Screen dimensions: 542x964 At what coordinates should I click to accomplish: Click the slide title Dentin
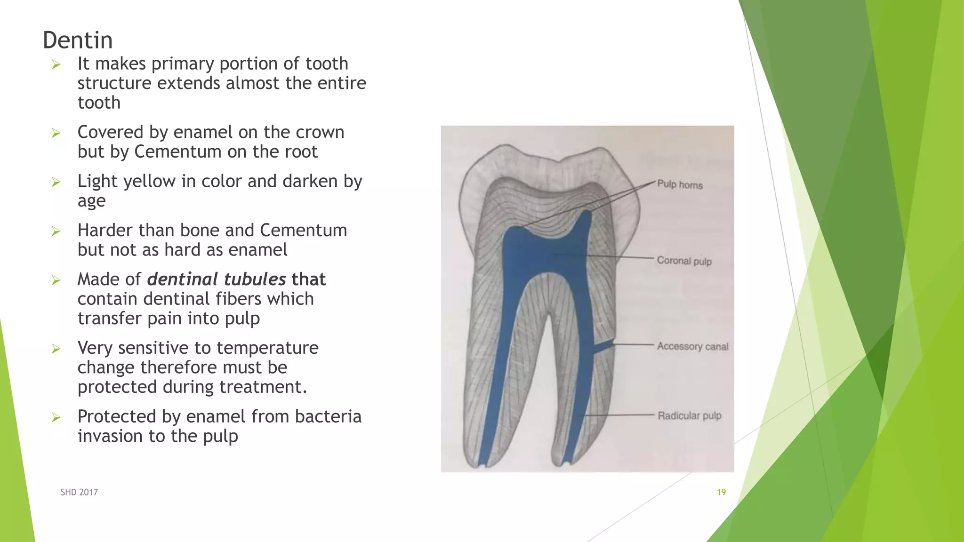pos(78,40)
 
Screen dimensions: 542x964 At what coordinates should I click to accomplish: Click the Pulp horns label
pos(680,184)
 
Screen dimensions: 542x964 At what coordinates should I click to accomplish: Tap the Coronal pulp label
pos(684,261)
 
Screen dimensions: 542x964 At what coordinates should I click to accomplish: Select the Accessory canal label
pos(692,346)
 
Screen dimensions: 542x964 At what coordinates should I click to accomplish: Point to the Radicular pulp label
pos(689,415)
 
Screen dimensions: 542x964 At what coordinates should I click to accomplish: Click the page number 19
pos(721,492)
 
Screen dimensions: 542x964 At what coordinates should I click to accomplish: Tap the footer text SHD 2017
pos(79,492)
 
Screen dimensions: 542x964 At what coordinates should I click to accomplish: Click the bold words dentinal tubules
pos(217,279)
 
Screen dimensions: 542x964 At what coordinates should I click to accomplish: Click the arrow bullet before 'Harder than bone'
pos(56,231)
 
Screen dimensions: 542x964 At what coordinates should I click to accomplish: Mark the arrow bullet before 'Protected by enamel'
pos(56,417)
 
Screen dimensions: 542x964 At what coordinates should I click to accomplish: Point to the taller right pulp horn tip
pos(586,214)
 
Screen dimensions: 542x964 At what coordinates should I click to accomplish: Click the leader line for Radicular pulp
pos(621,415)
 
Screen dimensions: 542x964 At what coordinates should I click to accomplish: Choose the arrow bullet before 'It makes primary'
pos(56,64)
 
